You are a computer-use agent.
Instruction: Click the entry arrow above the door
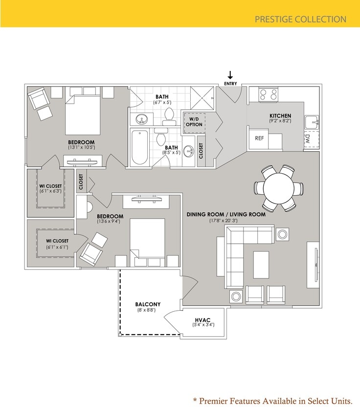pyautogui.click(x=230, y=75)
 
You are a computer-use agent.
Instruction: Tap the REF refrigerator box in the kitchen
pyautogui.click(x=259, y=138)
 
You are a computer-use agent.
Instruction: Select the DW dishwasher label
pyautogui.click(x=314, y=138)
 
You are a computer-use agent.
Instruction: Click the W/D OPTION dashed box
pyautogui.click(x=194, y=121)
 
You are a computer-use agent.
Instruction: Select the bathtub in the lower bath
pyautogui.click(x=139, y=147)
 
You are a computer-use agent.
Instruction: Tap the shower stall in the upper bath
pyautogui.click(x=202, y=98)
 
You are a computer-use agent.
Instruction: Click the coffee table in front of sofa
pyautogui.click(x=261, y=264)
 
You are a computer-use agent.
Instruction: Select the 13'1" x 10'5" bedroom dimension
pyautogui.click(x=81, y=147)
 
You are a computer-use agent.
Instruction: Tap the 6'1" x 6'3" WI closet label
pyautogui.click(x=50, y=191)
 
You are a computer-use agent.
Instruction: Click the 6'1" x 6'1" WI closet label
pyautogui.click(x=57, y=247)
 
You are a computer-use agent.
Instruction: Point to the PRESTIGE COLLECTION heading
pyautogui.click(x=300, y=20)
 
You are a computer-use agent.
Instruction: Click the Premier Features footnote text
pyautogui.click(x=272, y=401)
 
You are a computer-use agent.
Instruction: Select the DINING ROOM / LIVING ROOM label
pyautogui.click(x=226, y=214)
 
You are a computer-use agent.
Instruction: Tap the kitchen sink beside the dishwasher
pyautogui.click(x=312, y=121)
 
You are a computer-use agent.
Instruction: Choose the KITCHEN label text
pyautogui.click(x=280, y=116)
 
